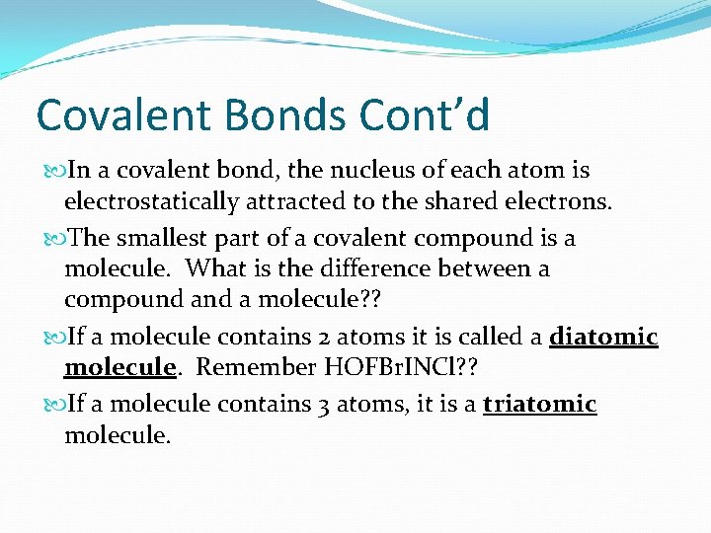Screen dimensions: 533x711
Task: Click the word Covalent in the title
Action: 126,115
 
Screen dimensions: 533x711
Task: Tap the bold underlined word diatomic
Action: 603,338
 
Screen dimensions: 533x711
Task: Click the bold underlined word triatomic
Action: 540,405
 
